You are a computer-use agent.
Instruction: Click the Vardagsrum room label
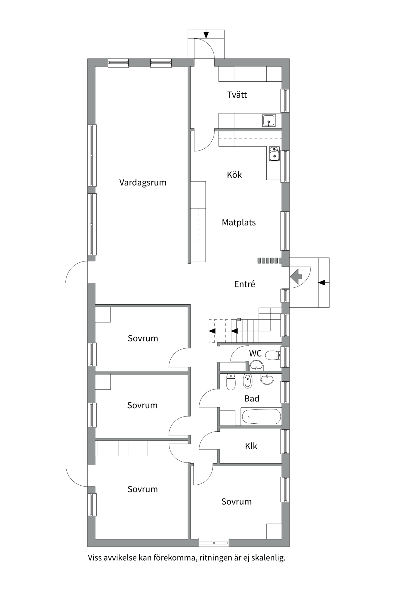click(143, 183)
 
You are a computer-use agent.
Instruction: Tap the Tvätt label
click(237, 95)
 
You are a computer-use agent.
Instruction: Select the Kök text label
click(234, 175)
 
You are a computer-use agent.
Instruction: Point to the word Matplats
click(239, 222)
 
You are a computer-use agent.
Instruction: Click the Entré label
click(245, 284)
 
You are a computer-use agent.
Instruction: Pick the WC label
click(255, 353)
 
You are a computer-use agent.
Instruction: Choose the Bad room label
click(252, 398)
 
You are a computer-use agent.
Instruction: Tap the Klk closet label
click(251, 446)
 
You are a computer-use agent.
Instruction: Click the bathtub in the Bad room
click(261, 417)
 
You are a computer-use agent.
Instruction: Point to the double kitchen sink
click(274, 154)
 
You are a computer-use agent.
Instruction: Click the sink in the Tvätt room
click(269, 120)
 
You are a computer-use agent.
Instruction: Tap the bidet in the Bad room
click(247, 381)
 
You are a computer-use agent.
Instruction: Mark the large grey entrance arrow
click(296, 277)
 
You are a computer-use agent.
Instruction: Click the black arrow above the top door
click(206, 35)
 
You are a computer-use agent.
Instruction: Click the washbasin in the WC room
click(256, 366)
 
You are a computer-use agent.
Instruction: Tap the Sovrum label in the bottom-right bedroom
click(236, 502)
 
